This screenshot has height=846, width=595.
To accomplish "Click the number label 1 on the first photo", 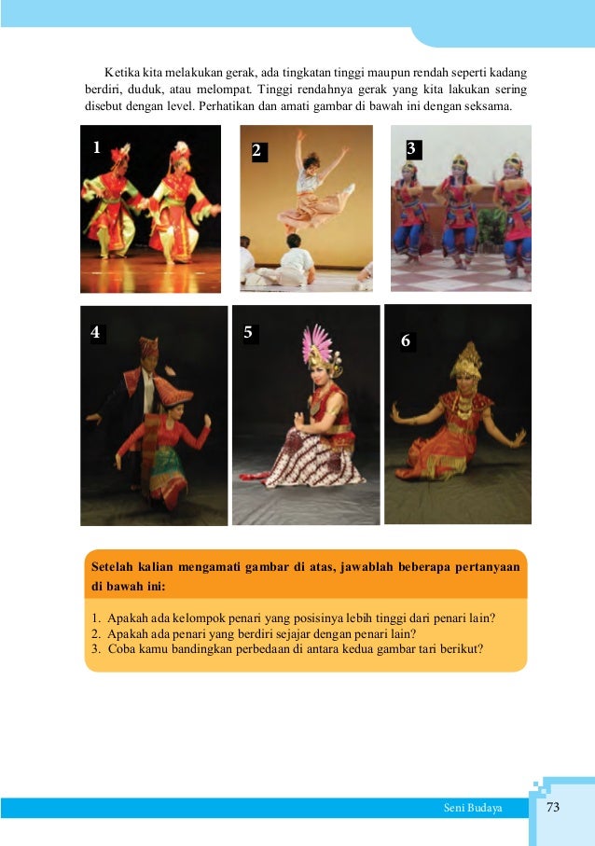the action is (x=97, y=147).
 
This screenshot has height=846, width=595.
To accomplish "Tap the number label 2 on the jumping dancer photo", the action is (x=256, y=150).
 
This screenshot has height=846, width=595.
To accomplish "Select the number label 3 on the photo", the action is (x=411, y=148).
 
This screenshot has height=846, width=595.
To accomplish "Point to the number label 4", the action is (x=95, y=332).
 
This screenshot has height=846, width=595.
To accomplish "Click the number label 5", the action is (x=248, y=332).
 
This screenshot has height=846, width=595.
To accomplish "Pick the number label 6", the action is (x=406, y=340).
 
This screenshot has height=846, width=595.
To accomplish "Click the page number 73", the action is (x=553, y=807).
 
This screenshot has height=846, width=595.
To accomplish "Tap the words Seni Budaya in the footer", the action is (x=473, y=808).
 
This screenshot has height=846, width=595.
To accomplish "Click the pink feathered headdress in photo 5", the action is (x=317, y=343).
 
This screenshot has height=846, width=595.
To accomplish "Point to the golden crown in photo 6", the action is (x=467, y=360).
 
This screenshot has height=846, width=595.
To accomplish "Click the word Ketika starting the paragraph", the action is (x=122, y=73).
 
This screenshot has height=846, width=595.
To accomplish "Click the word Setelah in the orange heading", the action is (x=112, y=566).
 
